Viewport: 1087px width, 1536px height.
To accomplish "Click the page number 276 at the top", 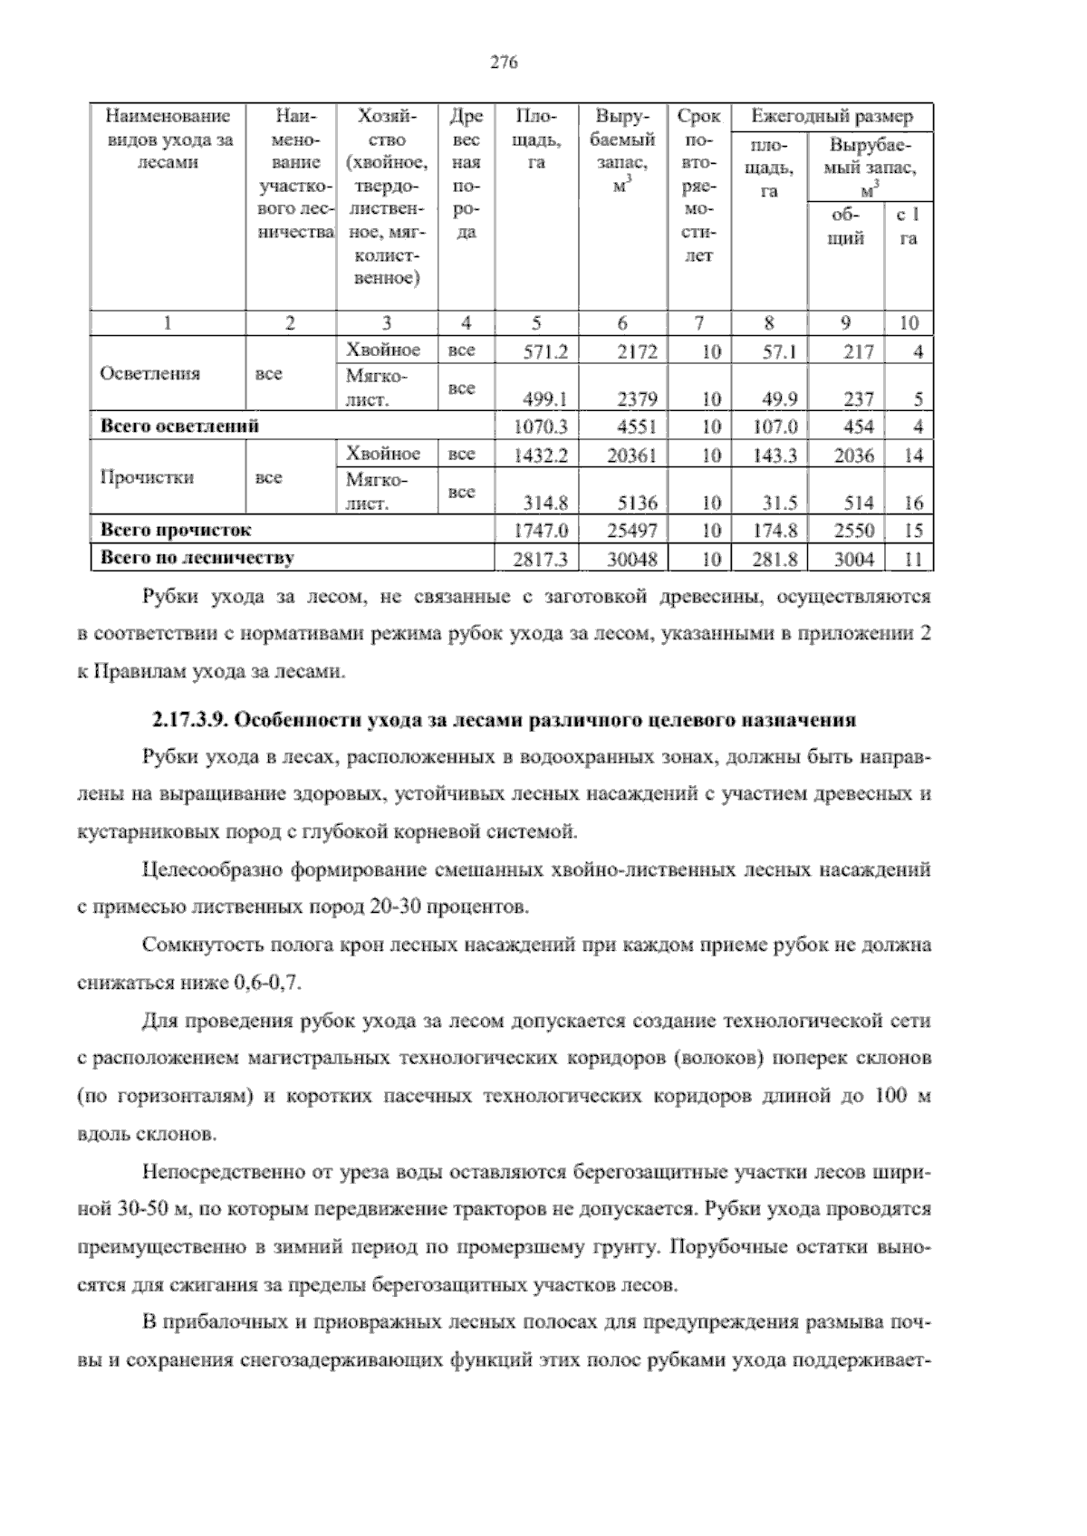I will pyautogui.click(x=503, y=62).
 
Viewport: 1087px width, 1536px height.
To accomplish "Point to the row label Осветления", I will pyautogui.click(x=149, y=374).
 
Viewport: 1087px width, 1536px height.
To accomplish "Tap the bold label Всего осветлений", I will pyautogui.click(x=179, y=426).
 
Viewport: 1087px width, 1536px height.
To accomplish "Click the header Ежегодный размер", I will pyautogui.click(x=832, y=117).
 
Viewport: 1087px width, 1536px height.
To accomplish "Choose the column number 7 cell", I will pyautogui.click(x=697, y=323).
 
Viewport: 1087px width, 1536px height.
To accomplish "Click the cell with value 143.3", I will pyautogui.click(x=775, y=456).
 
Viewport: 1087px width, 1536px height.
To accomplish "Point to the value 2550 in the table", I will pyautogui.click(x=854, y=531).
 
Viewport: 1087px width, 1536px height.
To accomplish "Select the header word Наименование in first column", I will pyautogui.click(x=168, y=117).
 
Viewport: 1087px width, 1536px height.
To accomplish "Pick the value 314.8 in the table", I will pyautogui.click(x=545, y=503).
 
